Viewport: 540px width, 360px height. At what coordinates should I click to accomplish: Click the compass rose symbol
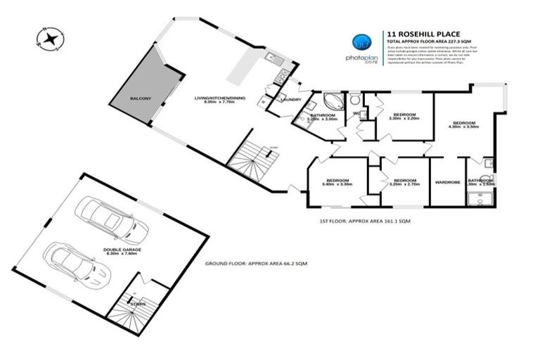[x=51, y=38]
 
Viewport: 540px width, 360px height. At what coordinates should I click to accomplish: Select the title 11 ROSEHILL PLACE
[x=420, y=32]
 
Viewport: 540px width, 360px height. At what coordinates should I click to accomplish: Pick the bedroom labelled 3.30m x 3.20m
[x=404, y=116]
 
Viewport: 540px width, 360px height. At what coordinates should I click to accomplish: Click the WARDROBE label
[x=449, y=182]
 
